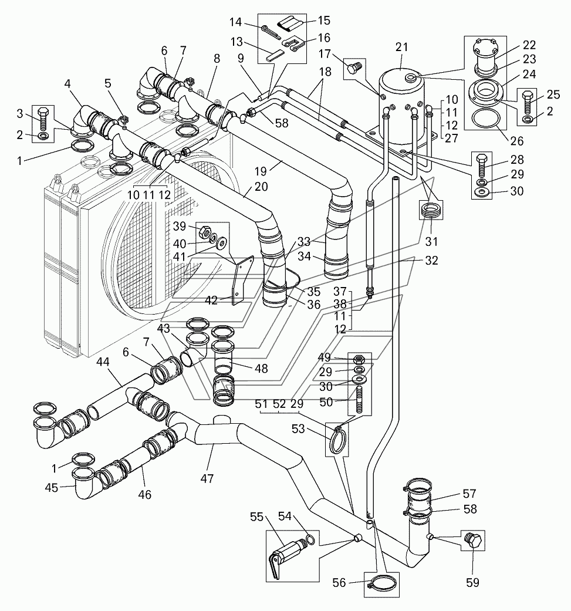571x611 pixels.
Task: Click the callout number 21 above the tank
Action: [401, 47]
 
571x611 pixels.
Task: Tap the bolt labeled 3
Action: [43, 118]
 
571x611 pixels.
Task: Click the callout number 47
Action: [207, 478]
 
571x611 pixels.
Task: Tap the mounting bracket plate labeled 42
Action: [242, 280]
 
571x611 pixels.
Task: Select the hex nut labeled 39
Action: [205, 232]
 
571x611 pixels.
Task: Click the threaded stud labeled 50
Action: [359, 400]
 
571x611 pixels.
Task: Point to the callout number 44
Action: [103, 362]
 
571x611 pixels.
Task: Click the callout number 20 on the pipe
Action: [261, 187]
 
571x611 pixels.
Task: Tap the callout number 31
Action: [431, 242]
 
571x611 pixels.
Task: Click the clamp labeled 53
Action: [337, 439]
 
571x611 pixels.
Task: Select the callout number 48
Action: [261, 368]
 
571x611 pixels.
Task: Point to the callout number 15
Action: [324, 21]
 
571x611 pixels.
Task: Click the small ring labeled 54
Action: [310, 539]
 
